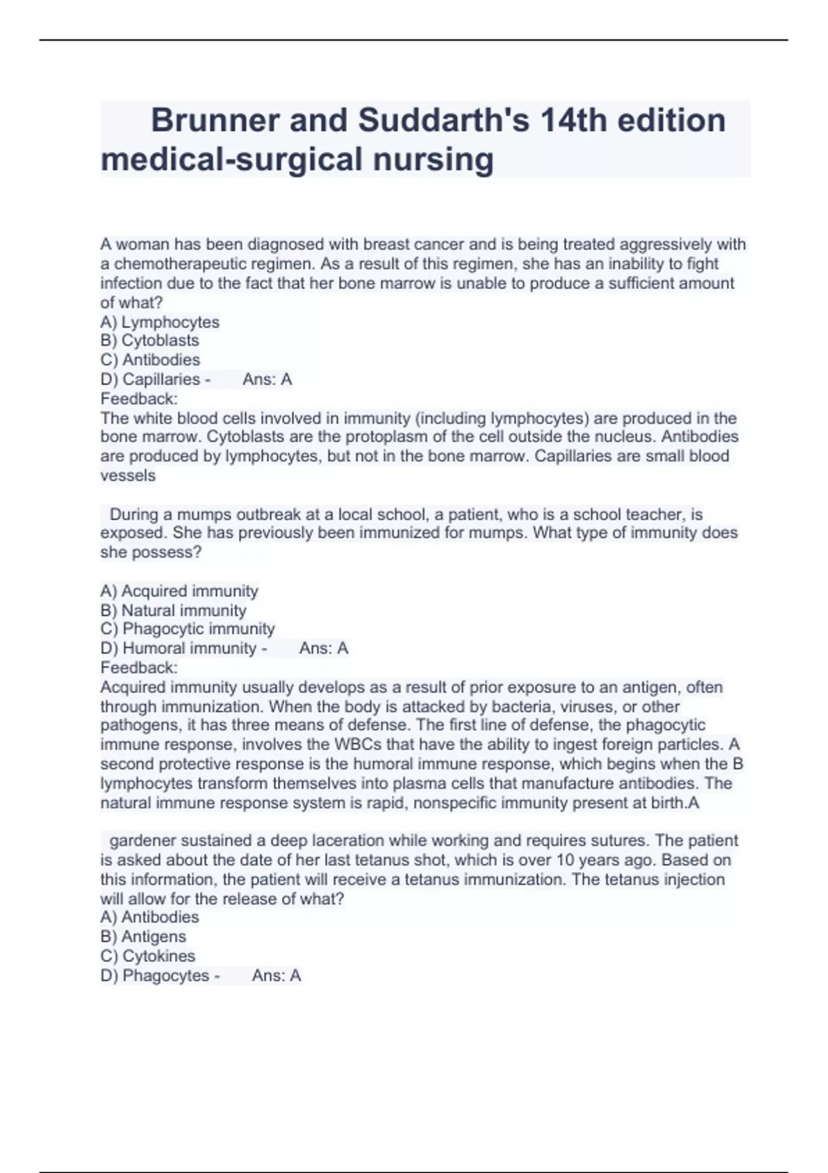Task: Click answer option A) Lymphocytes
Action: click(x=159, y=322)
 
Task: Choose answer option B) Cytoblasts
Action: click(x=150, y=341)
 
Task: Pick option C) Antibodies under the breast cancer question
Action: click(x=150, y=360)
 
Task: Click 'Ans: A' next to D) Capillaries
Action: click(x=267, y=379)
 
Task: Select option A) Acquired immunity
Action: click(x=179, y=591)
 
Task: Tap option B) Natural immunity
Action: click(x=173, y=611)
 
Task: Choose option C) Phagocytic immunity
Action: click(x=188, y=629)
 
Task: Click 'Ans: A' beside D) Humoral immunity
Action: click(x=324, y=649)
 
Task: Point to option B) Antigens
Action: click(x=143, y=937)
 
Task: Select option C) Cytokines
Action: click(x=148, y=956)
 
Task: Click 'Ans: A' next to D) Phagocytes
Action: click(x=276, y=976)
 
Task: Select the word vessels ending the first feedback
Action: click(x=128, y=476)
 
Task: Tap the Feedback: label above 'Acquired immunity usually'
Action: click(x=139, y=668)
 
